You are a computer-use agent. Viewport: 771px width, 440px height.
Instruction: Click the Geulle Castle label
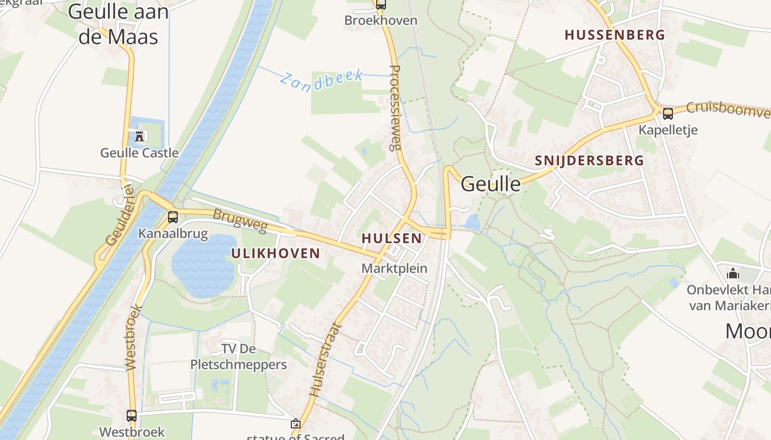click(139, 152)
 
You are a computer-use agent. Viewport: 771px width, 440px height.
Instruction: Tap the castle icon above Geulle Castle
click(139, 135)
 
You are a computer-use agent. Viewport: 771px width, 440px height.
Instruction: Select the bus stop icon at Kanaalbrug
click(173, 217)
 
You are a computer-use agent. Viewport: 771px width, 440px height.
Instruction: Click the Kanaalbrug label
click(173, 233)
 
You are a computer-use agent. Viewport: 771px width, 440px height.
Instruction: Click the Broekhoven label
click(381, 20)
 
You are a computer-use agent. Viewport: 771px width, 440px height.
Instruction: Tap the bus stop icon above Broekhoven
click(381, 5)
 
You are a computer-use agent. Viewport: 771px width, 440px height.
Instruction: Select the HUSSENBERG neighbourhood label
click(615, 35)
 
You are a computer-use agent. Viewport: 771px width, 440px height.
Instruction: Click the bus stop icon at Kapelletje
click(667, 114)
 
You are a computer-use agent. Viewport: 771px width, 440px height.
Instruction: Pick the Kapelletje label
click(668, 130)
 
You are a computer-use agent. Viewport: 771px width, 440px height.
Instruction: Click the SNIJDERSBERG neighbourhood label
click(589, 161)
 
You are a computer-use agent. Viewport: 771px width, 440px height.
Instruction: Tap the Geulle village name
click(490, 184)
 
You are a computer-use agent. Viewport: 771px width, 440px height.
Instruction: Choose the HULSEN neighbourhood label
click(392, 238)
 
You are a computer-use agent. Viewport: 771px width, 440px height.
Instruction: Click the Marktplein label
click(394, 268)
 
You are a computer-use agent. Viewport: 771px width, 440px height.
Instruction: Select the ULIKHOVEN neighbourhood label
click(275, 253)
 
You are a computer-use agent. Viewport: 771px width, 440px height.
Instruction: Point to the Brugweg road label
click(240, 220)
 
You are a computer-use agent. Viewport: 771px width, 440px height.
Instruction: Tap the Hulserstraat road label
click(325, 360)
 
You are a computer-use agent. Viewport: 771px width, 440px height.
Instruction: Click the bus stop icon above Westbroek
click(132, 416)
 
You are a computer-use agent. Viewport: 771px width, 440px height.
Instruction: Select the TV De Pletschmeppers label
click(238, 356)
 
